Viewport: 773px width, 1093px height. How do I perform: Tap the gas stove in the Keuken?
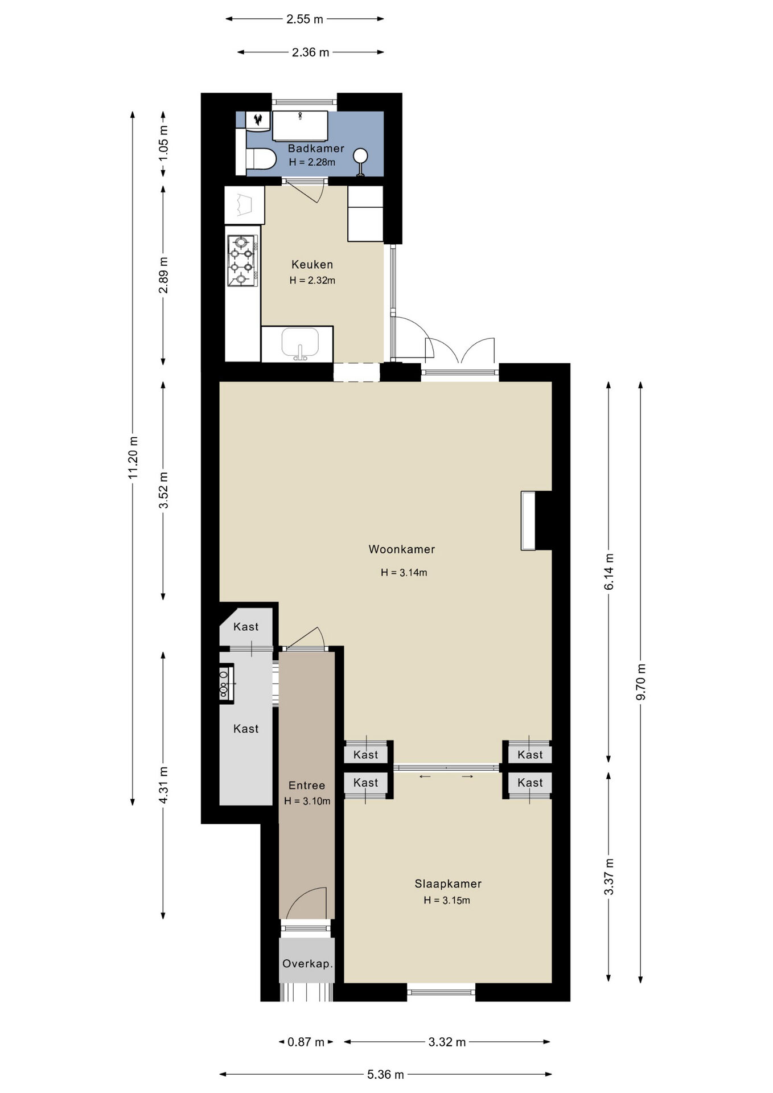pos(242,261)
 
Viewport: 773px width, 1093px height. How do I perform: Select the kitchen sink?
pos(300,344)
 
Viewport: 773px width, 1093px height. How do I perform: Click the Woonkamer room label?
pos(402,549)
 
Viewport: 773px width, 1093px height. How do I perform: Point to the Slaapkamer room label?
pos(448,884)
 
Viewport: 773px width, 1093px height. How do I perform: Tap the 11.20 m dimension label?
pos(133,457)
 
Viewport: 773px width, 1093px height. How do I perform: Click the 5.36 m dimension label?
pos(385,1074)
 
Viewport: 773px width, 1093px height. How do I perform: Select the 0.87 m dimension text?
pos(306,1042)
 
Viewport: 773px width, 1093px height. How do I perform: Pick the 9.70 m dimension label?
pos(641,682)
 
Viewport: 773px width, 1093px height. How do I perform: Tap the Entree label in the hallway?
pos(307,786)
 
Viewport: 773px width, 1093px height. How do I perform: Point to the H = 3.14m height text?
pos(404,573)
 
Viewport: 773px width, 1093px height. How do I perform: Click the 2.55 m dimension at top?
pos(305,19)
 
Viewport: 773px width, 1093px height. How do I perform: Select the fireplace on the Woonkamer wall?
pos(529,521)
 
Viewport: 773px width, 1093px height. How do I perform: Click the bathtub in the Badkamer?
pos(300,126)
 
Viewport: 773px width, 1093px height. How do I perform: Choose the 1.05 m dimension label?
pos(164,142)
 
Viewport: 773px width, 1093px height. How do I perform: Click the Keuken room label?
pos(312,264)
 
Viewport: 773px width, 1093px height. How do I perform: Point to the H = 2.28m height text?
pos(312,162)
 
